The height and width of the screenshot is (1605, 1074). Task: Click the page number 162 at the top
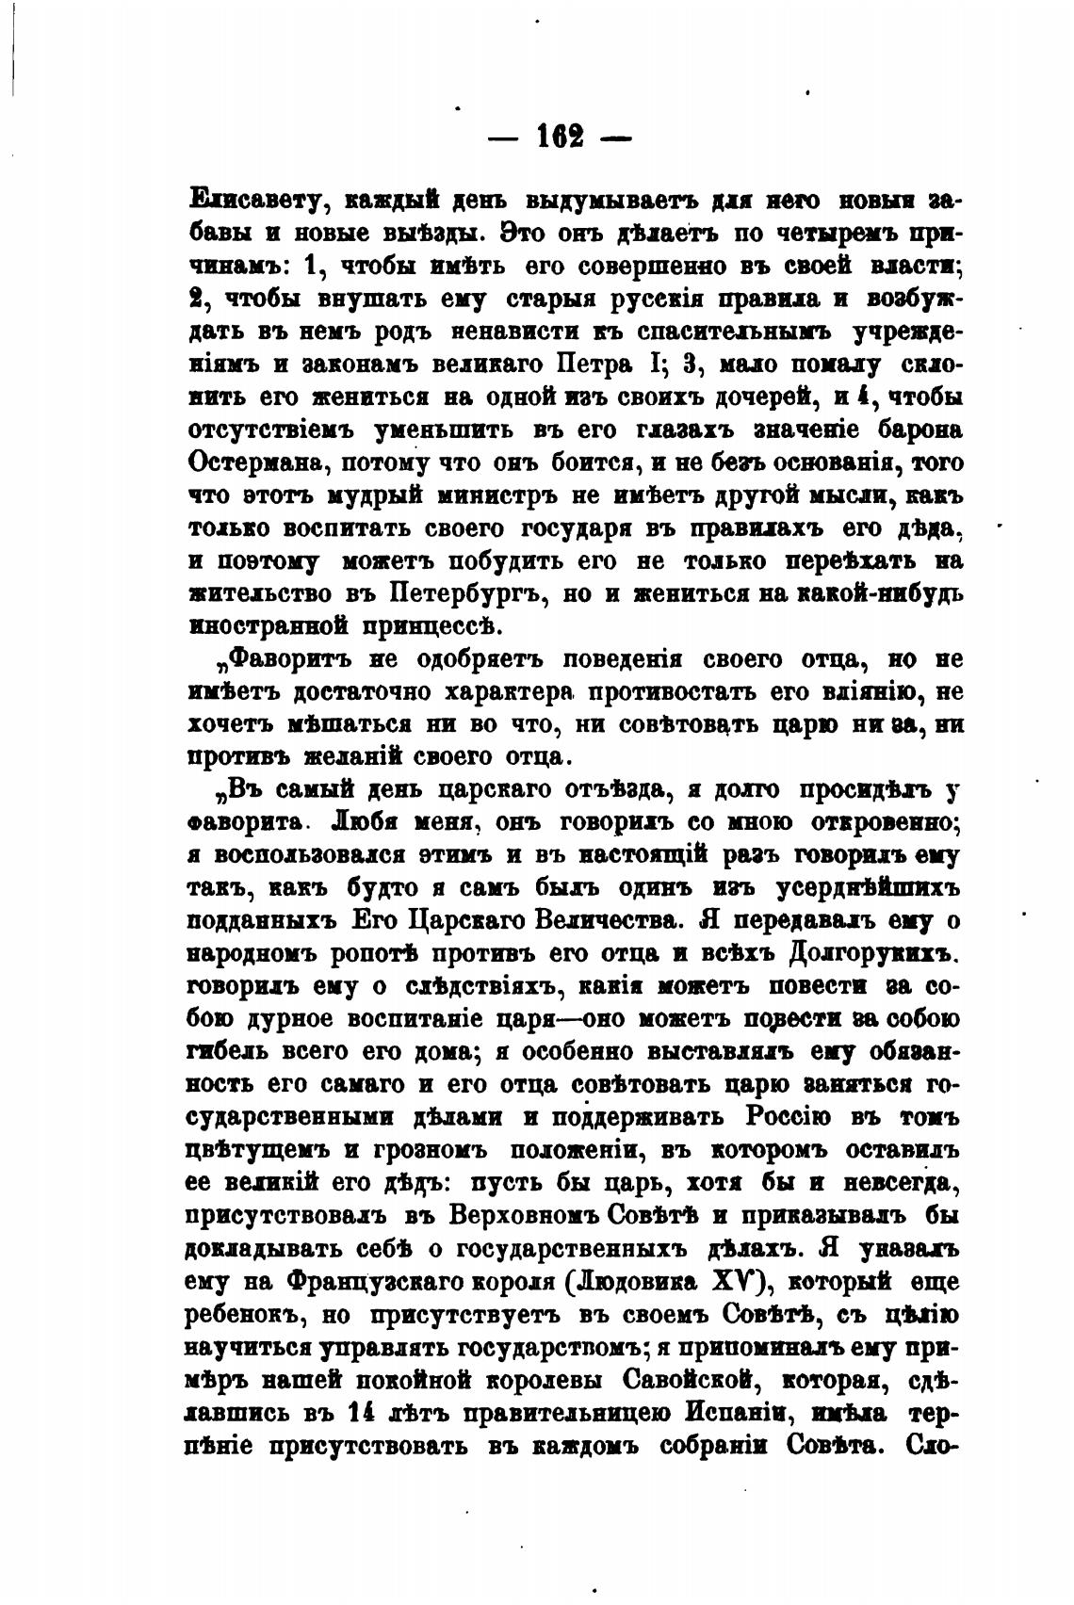[560, 136]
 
